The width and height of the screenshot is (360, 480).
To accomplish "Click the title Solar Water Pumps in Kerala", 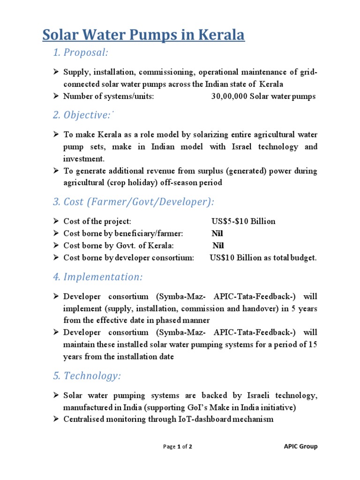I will [x=143, y=35].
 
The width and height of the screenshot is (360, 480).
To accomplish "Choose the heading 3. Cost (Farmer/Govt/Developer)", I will [x=133, y=202].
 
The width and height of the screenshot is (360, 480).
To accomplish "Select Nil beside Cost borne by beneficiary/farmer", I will [x=217, y=233].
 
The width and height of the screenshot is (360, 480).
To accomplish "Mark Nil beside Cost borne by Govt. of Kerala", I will [x=218, y=246].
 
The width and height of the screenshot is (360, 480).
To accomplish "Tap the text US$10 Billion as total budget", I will [x=263, y=258].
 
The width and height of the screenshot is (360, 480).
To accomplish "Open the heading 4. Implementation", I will [x=97, y=277].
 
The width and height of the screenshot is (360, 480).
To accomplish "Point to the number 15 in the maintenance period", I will [x=312, y=345].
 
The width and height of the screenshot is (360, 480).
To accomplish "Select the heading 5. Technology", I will [x=87, y=376].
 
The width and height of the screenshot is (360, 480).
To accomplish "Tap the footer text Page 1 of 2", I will [x=177, y=447].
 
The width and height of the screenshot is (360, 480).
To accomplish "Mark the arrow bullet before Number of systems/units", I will [x=55, y=97].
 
